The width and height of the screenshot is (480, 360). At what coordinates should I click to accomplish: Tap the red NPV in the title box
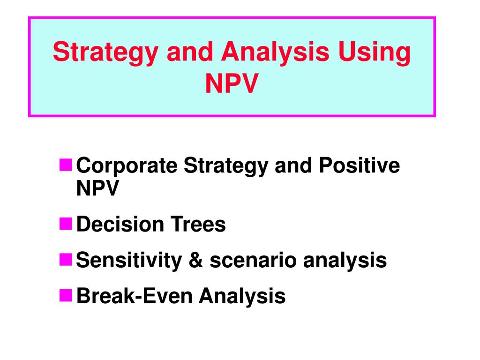pos(232,83)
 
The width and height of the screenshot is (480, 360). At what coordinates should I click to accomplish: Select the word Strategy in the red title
pos(105,53)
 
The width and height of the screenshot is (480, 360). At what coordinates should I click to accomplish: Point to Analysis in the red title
pos(275,53)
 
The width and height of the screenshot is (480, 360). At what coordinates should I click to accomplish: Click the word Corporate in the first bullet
pos(127,166)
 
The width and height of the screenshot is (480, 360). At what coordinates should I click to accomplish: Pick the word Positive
pos(360,165)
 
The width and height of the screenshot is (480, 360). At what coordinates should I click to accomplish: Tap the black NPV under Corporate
pos(97,188)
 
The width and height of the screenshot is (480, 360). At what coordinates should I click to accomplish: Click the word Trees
pos(198,224)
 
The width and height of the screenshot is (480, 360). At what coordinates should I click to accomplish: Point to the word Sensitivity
pos(129,261)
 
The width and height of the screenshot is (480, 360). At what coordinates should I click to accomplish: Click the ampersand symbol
pos(196,260)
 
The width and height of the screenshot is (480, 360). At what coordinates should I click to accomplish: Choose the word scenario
pos(253,260)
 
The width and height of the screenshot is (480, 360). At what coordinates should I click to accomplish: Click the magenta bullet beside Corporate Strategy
pos(66,165)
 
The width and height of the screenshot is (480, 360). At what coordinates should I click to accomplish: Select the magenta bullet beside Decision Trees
pos(66,224)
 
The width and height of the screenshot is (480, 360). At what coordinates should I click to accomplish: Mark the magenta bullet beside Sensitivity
pos(66,259)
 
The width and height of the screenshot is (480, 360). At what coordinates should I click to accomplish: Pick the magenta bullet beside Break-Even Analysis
pos(66,295)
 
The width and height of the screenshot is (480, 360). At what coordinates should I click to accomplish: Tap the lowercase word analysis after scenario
pos(345,261)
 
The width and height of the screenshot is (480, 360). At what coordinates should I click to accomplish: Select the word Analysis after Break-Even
pos(242,297)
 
